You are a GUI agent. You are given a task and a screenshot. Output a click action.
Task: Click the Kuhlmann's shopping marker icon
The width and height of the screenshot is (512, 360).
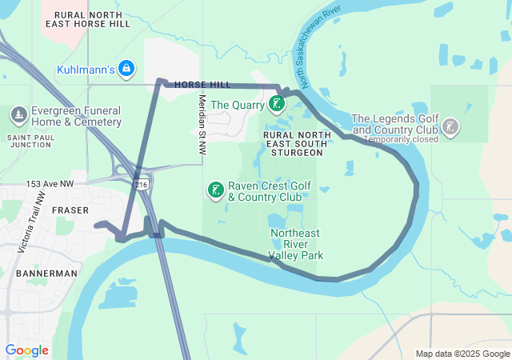126,70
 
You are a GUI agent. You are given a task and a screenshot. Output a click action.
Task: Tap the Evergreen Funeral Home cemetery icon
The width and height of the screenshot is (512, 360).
18,116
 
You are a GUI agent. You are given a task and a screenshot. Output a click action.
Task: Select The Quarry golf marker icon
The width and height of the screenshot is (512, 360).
276,104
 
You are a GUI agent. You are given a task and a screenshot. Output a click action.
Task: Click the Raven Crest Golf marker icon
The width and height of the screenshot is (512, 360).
215,190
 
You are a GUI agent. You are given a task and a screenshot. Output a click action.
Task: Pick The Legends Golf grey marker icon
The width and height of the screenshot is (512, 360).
450,126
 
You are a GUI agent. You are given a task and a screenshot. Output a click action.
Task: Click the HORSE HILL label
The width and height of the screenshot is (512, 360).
202,85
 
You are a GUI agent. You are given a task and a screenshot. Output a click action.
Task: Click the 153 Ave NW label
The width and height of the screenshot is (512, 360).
49,184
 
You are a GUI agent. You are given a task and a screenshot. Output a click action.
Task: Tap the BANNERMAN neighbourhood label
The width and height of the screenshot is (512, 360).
46,273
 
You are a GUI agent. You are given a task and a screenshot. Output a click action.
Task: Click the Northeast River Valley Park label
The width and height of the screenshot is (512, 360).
296,244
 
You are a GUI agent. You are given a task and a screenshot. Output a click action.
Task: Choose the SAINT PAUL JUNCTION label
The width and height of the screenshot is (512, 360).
30,141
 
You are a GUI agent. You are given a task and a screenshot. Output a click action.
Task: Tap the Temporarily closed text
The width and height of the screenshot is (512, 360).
401,139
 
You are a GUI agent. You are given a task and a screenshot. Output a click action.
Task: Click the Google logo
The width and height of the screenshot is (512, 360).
26,350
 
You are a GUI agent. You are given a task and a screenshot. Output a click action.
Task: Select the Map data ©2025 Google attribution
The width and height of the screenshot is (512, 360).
462,354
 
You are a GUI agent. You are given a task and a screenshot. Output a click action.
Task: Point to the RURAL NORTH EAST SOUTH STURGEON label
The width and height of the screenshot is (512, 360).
295,143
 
